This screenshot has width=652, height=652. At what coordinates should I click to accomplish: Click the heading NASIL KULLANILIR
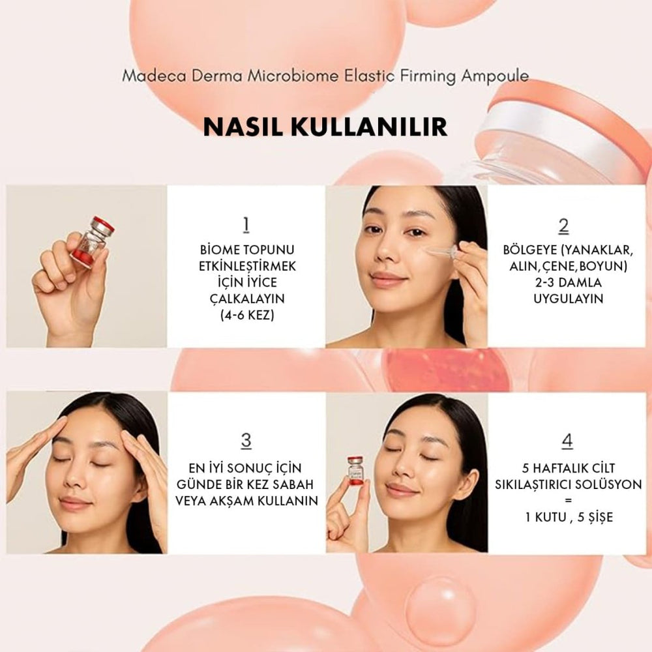point(325,126)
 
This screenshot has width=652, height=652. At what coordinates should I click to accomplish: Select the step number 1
point(246,225)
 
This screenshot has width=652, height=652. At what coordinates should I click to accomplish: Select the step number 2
point(564,225)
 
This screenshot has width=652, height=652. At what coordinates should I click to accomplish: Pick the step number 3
point(246,440)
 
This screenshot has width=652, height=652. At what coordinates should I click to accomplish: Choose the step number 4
point(567,440)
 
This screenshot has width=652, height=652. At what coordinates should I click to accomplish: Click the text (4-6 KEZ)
point(246,315)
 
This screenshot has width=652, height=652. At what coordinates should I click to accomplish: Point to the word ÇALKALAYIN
point(246,299)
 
